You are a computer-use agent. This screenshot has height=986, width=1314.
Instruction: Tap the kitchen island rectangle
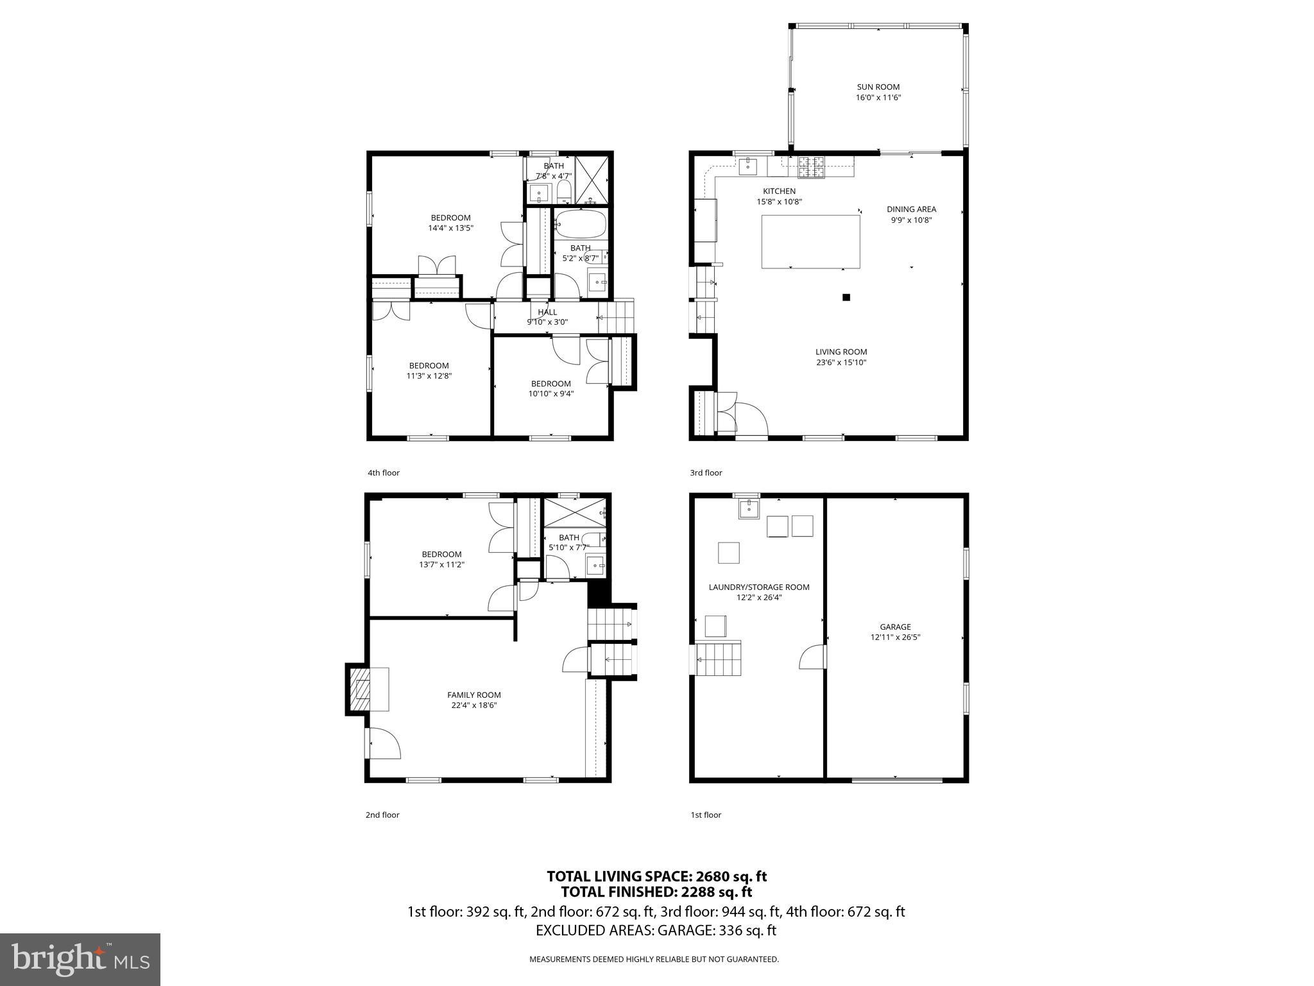[810, 241]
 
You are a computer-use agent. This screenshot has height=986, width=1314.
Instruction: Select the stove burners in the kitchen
[811, 167]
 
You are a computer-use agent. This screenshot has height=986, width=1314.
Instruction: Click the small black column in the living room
[846, 297]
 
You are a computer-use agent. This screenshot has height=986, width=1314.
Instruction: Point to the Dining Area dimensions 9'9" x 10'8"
[911, 220]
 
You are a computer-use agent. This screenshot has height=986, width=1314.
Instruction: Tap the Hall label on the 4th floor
[547, 312]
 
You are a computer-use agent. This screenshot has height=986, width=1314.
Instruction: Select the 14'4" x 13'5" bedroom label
[450, 223]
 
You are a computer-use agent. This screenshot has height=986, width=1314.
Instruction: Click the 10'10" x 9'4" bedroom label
[550, 389]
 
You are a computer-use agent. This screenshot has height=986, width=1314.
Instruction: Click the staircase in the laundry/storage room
[718, 659]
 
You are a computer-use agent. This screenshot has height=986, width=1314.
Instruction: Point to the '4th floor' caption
[383, 473]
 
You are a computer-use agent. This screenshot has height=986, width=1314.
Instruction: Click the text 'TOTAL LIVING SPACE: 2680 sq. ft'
[656, 876]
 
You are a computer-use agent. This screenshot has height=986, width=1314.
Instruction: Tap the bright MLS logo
[80, 959]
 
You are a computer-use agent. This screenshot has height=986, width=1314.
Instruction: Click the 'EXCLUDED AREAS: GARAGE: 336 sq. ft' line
[656, 930]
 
